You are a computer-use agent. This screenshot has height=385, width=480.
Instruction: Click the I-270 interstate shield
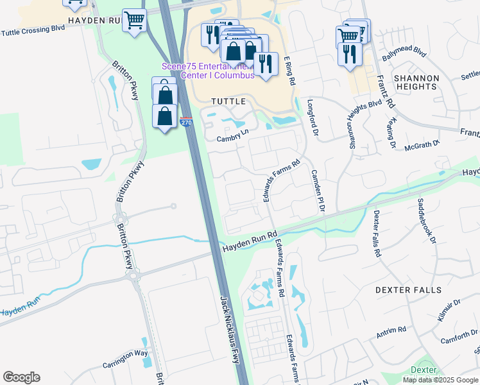[x=186, y=122]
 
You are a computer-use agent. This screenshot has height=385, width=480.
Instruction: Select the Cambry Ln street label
[x=232, y=136]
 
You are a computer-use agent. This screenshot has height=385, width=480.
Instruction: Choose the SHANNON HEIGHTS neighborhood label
[x=416, y=82]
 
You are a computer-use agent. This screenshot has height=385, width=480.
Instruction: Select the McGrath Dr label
[x=422, y=146]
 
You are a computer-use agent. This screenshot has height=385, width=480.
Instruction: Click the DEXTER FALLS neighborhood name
[x=409, y=290]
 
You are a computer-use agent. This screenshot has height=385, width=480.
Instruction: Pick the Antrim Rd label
[x=391, y=332]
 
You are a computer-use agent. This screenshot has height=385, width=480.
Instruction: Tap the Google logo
[x=21, y=377]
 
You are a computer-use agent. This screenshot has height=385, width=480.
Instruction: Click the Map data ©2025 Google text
[x=440, y=380]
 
